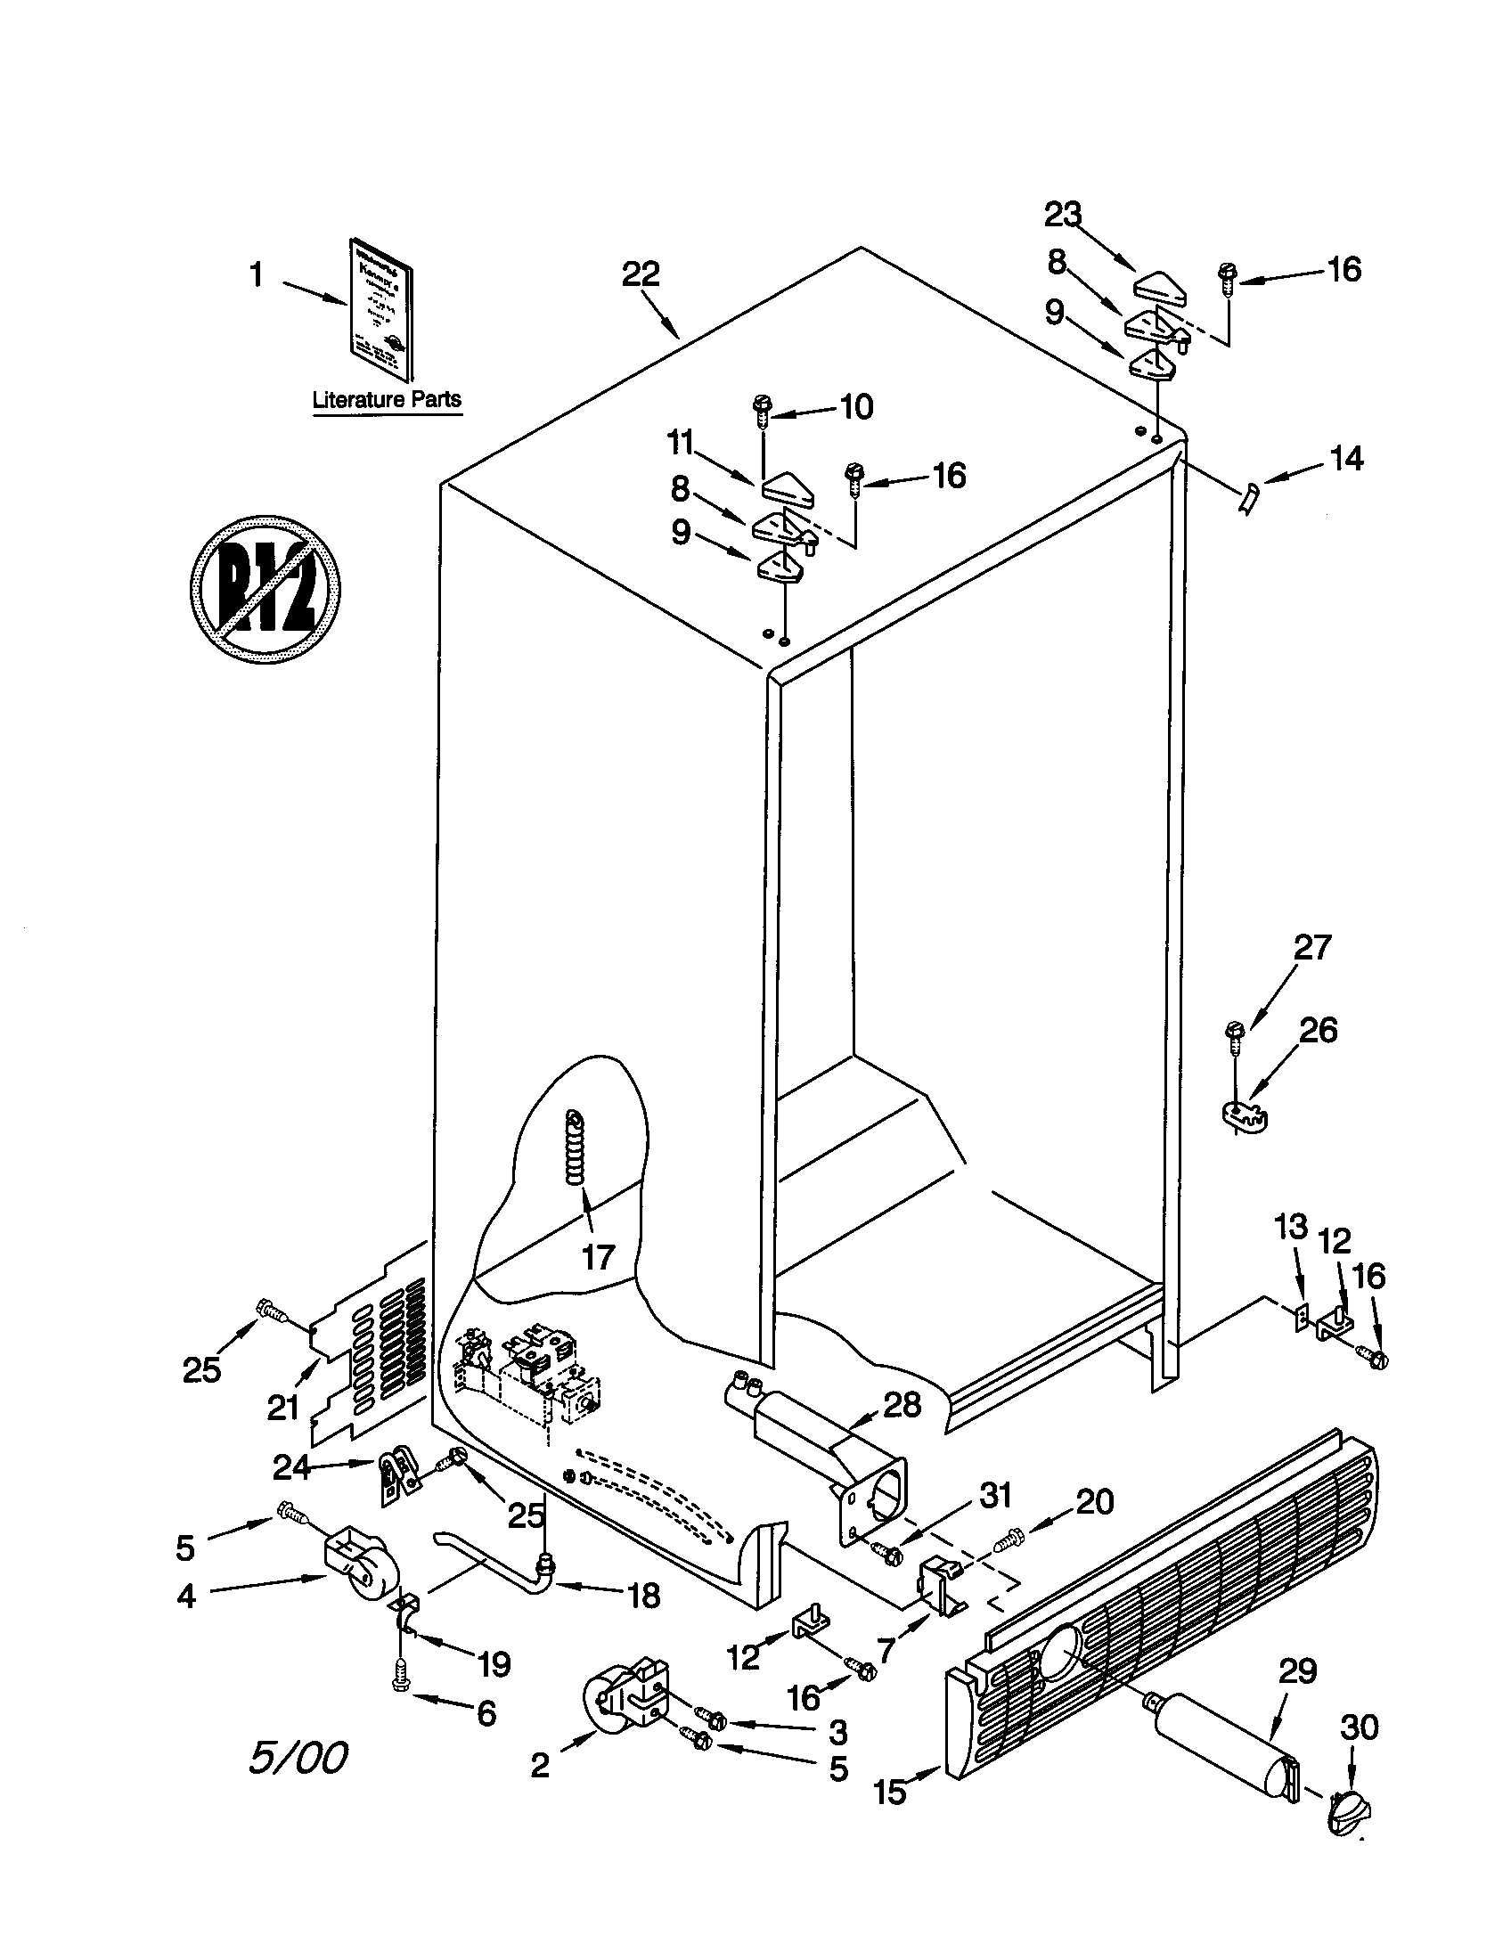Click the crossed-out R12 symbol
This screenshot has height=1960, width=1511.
[x=265, y=590]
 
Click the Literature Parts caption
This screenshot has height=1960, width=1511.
[x=387, y=399]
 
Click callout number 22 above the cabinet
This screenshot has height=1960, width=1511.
[x=641, y=274]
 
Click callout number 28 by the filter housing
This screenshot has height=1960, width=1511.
[x=902, y=1404]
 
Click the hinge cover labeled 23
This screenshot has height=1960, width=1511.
[x=1160, y=286]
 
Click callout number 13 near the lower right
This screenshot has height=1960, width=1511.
[x=1291, y=1227]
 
